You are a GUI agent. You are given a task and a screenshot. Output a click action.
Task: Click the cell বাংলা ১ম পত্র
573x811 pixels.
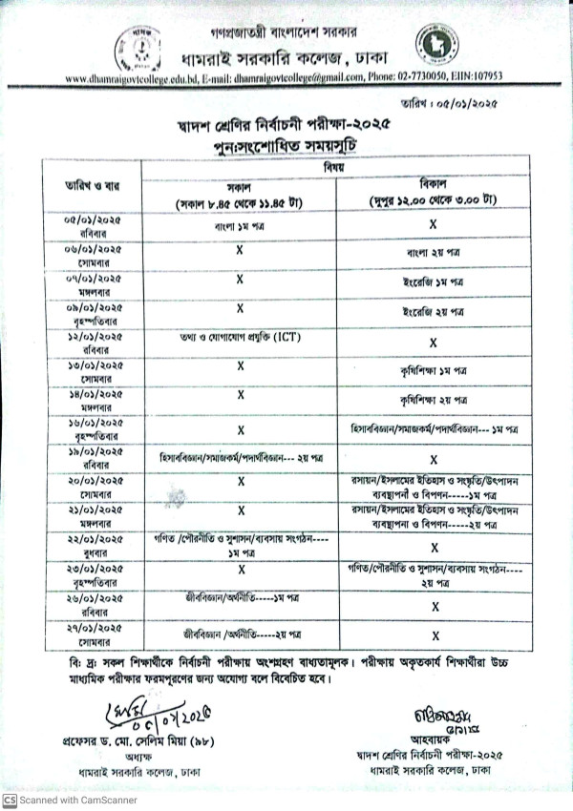[240, 228]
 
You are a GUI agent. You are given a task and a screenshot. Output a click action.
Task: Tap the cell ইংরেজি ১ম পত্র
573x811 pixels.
[434, 283]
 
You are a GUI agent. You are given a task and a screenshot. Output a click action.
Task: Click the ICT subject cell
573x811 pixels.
[240, 339]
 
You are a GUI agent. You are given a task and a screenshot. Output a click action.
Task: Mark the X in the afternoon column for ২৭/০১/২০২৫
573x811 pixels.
[434, 634]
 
